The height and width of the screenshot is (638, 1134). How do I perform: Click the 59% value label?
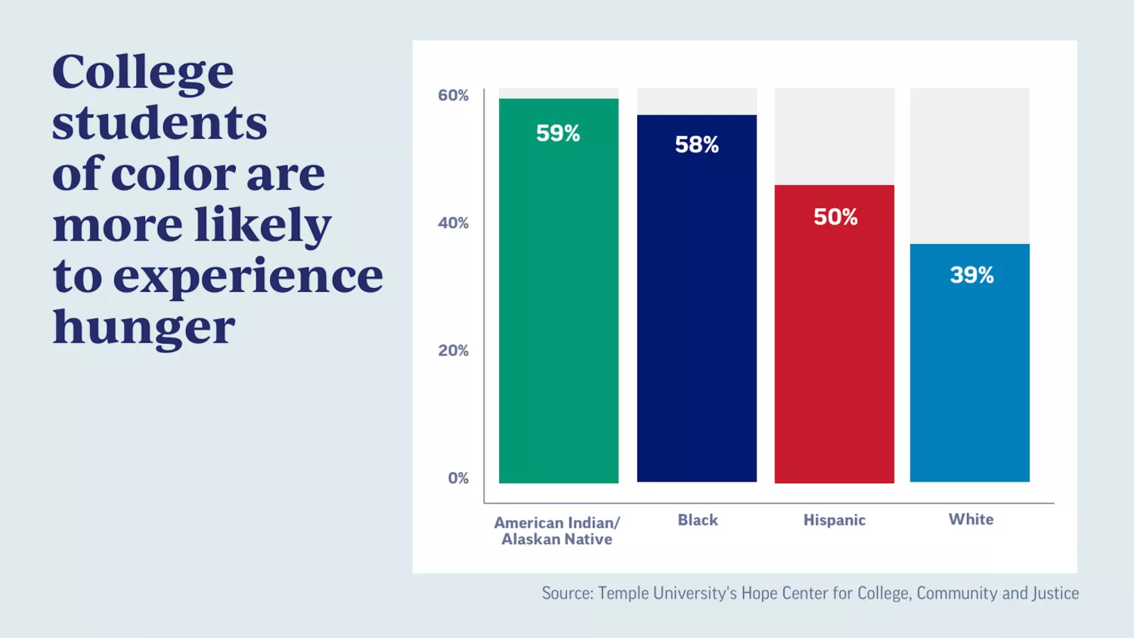[x=558, y=133]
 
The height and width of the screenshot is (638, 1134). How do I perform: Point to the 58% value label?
[x=696, y=144]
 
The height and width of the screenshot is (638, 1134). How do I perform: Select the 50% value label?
[x=835, y=217]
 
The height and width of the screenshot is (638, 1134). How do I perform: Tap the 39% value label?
[x=971, y=274]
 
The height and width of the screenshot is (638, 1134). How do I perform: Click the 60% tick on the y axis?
[x=454, y=95]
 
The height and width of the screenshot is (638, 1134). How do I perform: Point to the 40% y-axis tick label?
[x=454, y=223]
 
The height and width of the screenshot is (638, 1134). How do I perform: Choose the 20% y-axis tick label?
[x=454, y=351]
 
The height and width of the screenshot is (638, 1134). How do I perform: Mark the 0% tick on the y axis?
[x=458, y=478]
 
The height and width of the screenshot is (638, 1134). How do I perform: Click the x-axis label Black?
[x=697, y=520]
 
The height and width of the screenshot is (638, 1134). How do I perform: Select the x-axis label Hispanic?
[x=834, y=520]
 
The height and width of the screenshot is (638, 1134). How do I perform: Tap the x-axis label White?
[x=971, y=519]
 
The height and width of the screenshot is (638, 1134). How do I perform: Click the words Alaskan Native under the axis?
[x=556, y=539]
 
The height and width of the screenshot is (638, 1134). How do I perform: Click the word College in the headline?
[x=143, y=73]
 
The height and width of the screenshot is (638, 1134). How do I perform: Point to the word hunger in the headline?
[x=144, y=328]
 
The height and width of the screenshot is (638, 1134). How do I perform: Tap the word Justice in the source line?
[x=1056, y=593]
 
